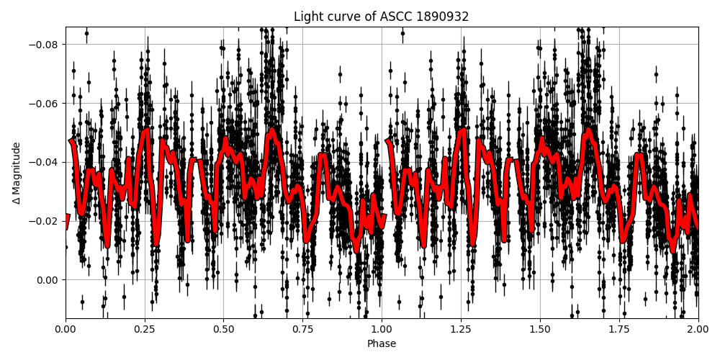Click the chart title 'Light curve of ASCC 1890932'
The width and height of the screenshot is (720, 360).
point(381,17)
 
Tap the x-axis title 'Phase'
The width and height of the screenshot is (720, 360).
point(382,344)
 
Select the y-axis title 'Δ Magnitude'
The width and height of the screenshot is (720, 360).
point(17,173)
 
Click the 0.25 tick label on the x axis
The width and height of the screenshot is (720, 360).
point(145,330)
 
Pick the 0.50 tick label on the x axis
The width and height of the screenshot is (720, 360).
point(223,330)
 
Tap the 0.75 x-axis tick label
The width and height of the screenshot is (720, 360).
point(302,330)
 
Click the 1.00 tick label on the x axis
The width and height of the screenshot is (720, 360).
point(382,330)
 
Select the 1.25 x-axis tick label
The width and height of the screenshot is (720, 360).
point(461,330)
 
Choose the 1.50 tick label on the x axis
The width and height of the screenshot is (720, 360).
point(540,330)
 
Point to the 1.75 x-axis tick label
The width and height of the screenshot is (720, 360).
point(619,330)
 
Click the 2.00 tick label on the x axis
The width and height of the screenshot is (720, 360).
point(698,330)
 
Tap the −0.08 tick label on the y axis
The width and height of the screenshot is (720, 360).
point(45,45)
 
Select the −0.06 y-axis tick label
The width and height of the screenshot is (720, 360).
point(45,104)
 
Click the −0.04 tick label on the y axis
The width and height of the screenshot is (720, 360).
point(45,162)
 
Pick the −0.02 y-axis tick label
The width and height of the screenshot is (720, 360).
point(45,221)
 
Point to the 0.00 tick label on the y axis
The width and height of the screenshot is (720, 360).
point(49,280)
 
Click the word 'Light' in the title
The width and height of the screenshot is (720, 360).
point(307,17)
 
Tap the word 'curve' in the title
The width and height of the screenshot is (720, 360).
point(341,17)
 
